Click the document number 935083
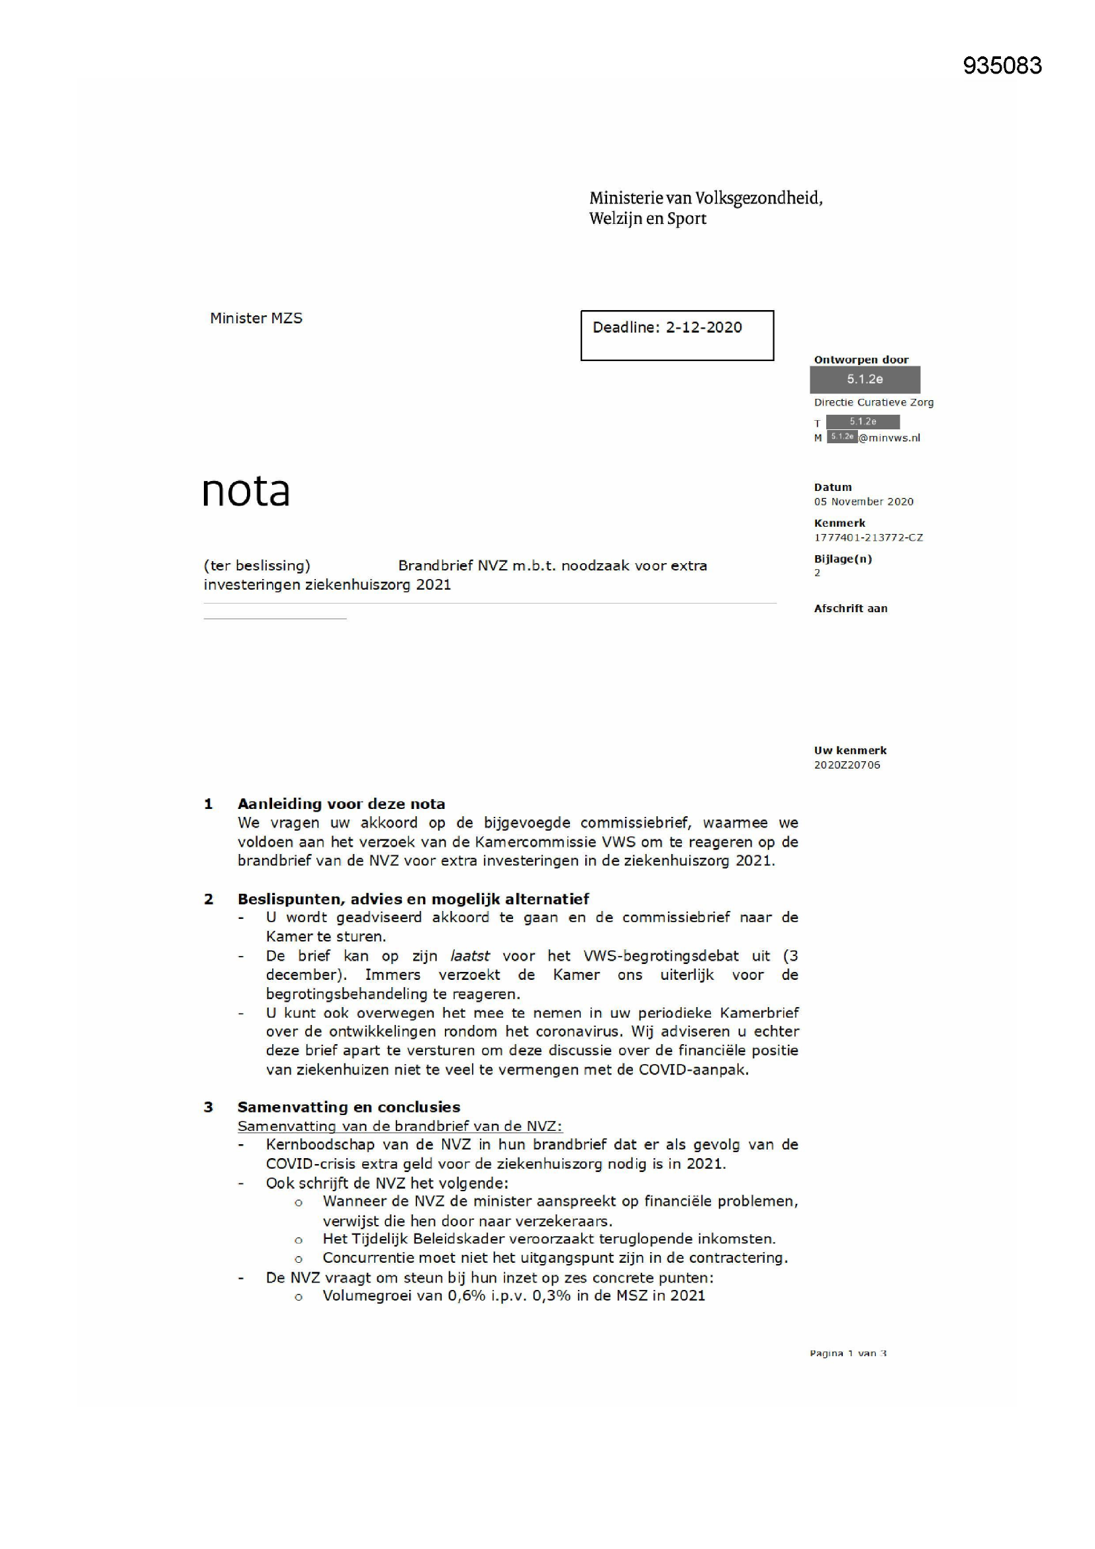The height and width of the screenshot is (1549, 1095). [x=1002, y=66]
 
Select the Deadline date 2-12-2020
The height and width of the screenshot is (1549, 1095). [x=703, y=327]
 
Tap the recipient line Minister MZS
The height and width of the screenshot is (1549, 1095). [x=256, y=318]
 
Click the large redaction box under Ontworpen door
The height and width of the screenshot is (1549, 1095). [x=865, y=379]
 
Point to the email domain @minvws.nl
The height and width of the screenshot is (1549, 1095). [x=888, y=438]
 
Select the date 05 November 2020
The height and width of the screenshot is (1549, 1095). [x=863, y=502]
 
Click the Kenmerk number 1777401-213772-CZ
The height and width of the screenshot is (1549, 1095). [x=868, y=537]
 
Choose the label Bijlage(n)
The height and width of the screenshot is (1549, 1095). [x=842, y=559]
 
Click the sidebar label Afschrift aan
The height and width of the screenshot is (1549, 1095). [x=850, y=608]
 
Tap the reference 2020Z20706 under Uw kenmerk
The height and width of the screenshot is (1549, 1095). [x=846, y=765]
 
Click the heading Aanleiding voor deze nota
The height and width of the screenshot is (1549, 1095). [x=341, y=804]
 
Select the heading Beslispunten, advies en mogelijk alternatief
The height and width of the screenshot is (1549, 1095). [x=412, y=898]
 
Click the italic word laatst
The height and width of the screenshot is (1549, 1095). [x=469, y=956]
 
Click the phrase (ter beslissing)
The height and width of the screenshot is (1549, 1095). [x=257, y=565]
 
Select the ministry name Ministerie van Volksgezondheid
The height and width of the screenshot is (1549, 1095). [x=705, y=198]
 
